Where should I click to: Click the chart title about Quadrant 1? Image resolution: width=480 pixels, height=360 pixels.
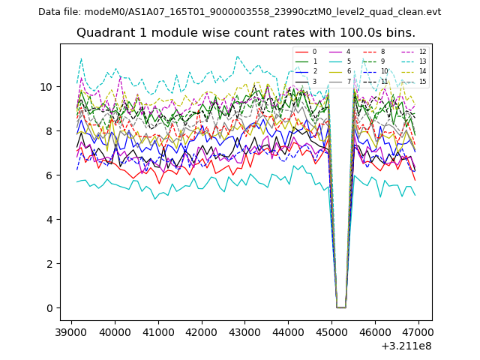pos(245,33)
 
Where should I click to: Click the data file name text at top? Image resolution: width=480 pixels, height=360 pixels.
pos(239,12)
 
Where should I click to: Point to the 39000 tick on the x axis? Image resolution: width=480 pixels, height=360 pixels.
pos(71,331)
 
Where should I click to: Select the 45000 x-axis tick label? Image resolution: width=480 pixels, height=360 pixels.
pos(331,331)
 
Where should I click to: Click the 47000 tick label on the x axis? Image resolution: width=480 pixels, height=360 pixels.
pos(418,331)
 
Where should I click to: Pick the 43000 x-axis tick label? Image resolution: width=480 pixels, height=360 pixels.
pos(244,331)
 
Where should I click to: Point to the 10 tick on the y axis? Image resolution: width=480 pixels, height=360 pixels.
pos(48,87)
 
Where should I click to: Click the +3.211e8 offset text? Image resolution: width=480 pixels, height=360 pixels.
pos(406,346)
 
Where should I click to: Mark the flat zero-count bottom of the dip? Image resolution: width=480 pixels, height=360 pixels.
pos(340,307)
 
